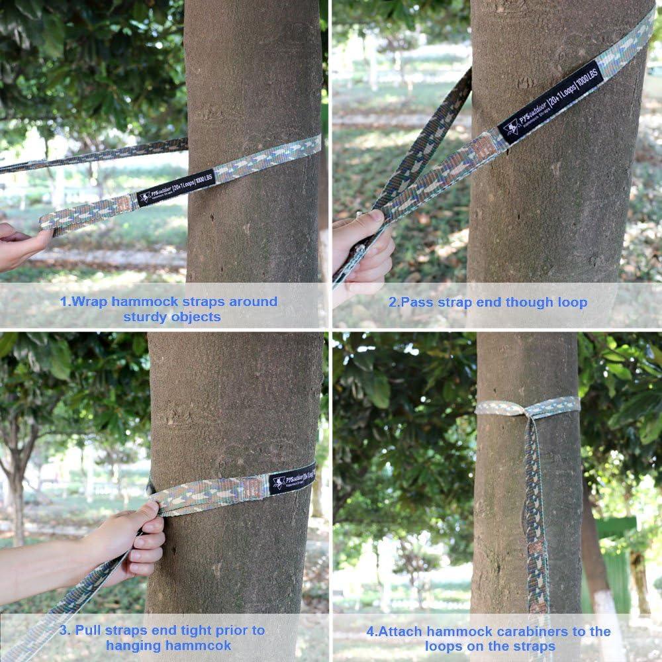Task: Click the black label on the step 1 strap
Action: (176, 188)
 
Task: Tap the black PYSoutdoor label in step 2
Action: (549, 103)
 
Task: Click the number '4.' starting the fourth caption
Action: (371, 632)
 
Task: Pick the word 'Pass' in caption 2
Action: (418, 303)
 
